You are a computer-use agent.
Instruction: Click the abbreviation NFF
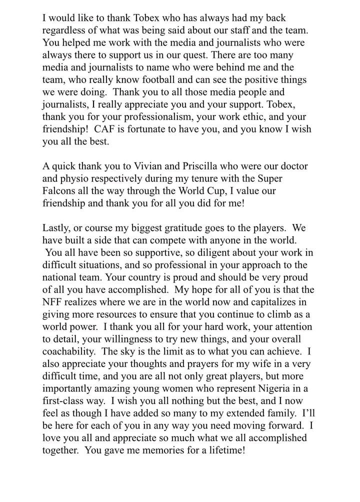[54, 301]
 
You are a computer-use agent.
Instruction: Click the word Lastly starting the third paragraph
[57, 227]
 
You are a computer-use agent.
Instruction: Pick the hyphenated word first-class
[66, 400]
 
